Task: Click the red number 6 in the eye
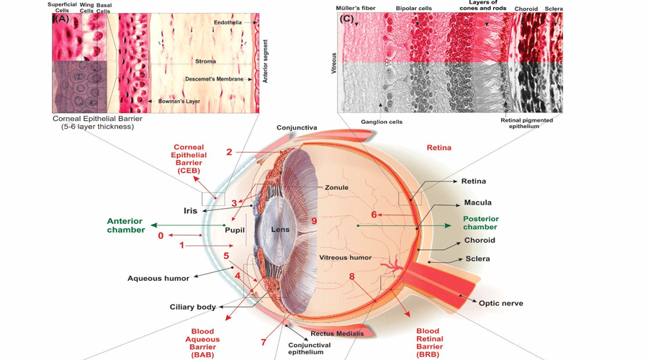374,215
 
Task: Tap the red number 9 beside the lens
314,222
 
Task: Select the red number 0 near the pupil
161,235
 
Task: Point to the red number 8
352,276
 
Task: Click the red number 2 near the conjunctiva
229,152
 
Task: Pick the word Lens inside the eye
280,230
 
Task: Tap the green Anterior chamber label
125,225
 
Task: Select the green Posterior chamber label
480,223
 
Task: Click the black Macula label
478,202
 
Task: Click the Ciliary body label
192,307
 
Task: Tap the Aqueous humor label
158,278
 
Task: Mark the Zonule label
336,187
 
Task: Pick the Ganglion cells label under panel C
381,122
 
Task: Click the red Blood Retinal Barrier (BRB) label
430,343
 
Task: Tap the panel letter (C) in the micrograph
347,19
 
